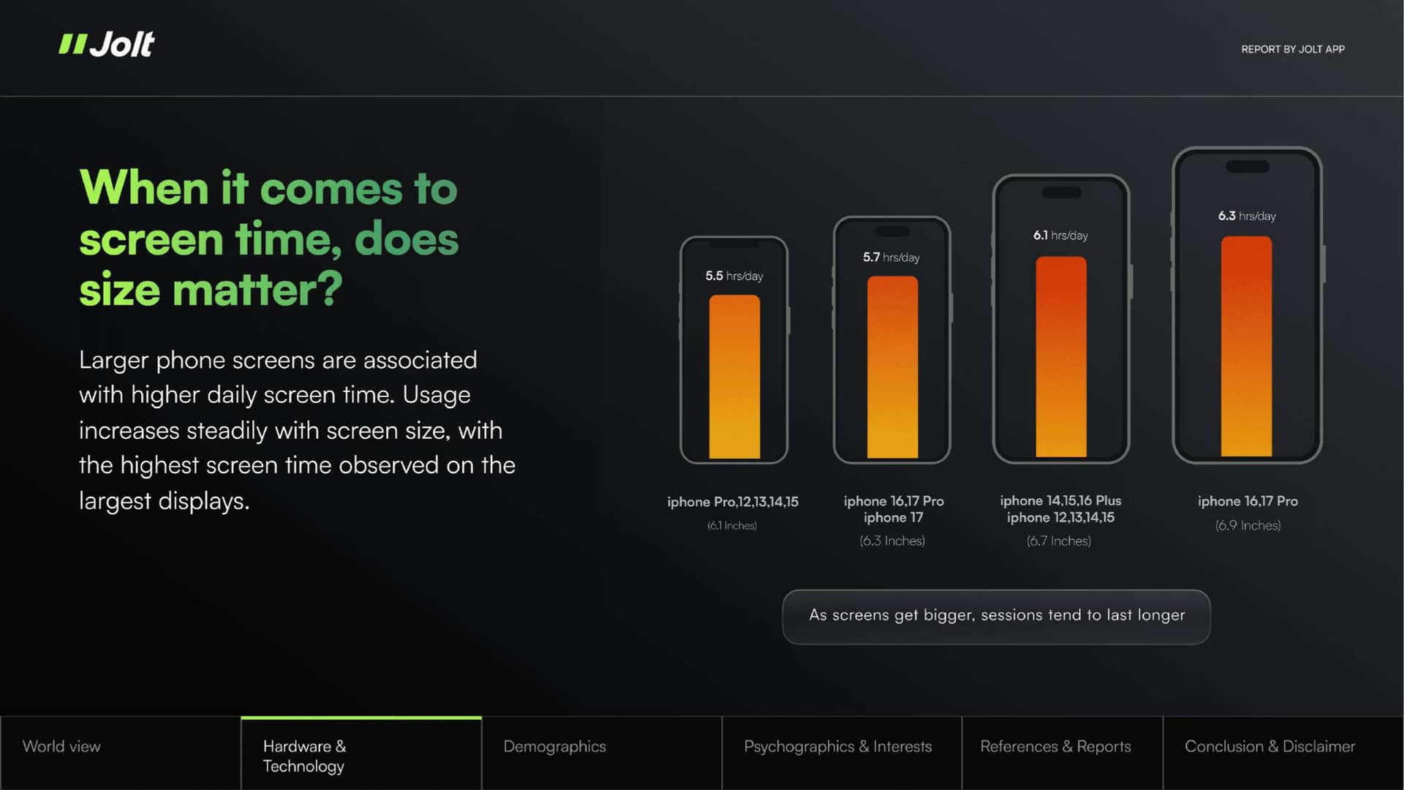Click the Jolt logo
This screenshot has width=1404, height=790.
click(107, 45)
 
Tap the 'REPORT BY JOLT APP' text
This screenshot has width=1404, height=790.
click(1293, 49)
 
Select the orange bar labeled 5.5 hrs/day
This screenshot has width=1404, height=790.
click(734, 377)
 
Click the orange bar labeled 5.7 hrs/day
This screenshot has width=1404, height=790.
click(892, 367)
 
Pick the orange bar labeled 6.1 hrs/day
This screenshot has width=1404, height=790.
click(1061, 357)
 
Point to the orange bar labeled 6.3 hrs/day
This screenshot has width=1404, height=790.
click(1247, 347)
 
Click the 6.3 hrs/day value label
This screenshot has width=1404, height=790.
click(1247, 216)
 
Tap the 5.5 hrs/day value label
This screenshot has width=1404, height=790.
click(734, 276)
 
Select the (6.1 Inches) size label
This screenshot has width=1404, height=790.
click(732, 525)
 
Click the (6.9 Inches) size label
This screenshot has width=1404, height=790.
click(1248, 525)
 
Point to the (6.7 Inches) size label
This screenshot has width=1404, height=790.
click(1059, 541)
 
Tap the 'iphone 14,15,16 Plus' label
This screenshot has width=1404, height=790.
click(1060, 500)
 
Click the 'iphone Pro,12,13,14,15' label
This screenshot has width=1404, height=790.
click(733, 502)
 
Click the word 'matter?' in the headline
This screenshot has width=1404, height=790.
click(257, 289)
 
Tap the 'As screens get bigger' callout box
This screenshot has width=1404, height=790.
click(996, 617)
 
